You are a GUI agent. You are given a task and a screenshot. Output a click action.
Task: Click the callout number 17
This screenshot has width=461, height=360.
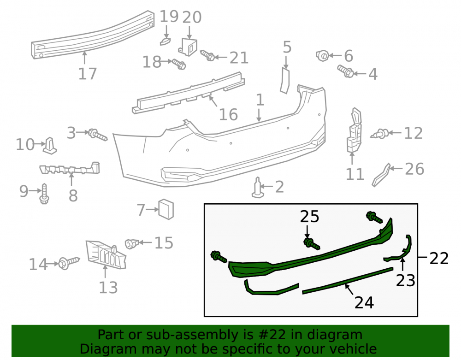[x=88, y=73]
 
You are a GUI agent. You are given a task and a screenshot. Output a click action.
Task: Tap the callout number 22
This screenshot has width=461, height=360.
[x=439, y=258]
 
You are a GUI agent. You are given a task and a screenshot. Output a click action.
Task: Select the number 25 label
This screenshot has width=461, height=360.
[x=309, y=217]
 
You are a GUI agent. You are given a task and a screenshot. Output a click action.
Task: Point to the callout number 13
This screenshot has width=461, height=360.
[x=108, y=288]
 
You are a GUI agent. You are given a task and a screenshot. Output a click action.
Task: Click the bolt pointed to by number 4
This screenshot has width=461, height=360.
[x=345, y=71]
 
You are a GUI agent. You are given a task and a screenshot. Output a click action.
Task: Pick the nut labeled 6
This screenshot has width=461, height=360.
[x=322, y=55]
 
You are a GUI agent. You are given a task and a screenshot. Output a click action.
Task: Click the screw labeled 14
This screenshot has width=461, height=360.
[x=69, y=262]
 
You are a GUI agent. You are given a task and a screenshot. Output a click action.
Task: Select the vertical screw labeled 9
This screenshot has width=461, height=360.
[x=44, y=194]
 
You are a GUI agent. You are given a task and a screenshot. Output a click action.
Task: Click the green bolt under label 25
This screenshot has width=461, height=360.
[x=312, y=244]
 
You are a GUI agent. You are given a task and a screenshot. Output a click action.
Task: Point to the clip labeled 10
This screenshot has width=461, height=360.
[x=50, y=146]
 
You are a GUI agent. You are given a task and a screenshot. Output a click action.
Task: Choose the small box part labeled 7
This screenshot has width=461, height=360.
[x=166, y=209]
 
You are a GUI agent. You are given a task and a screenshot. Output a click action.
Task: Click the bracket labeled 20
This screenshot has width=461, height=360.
[x=188, y=47]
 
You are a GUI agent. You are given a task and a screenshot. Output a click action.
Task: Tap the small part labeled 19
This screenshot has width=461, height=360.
[x=165, y=41]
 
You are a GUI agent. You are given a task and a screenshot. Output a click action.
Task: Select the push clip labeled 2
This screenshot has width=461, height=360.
[x=258, y=188]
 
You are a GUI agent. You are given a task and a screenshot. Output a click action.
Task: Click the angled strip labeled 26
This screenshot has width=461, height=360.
[x=381, y=175]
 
